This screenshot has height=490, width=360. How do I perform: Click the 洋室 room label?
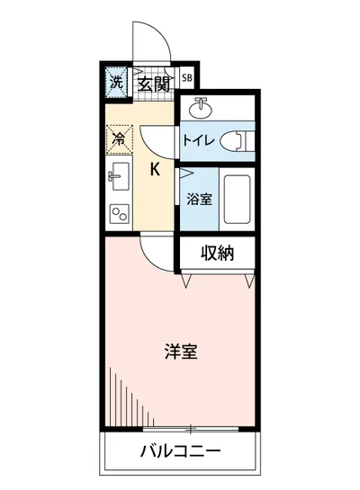click(x=181, y=352)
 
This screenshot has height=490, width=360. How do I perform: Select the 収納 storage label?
click(x=217, y=254)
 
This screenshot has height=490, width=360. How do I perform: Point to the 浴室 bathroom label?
click(x=199, y=199)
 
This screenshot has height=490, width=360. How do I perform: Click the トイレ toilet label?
click(x=199, y=140)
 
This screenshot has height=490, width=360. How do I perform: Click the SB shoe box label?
click(x=187, y=78)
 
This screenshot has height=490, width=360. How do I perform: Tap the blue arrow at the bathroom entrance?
click(x=185, y=172)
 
